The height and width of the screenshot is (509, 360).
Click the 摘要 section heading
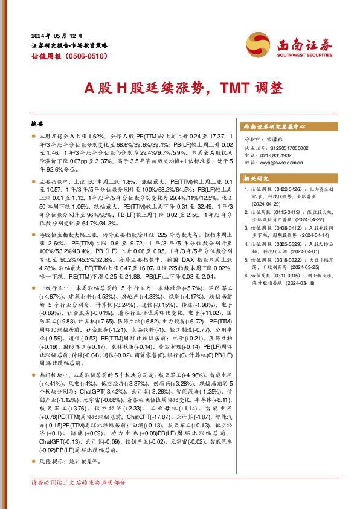[37, 123]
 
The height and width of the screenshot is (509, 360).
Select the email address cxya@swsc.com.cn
[279, 162]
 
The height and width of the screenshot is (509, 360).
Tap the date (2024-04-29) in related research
[269, 203]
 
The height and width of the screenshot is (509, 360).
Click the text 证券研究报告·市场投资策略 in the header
[69, 46]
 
